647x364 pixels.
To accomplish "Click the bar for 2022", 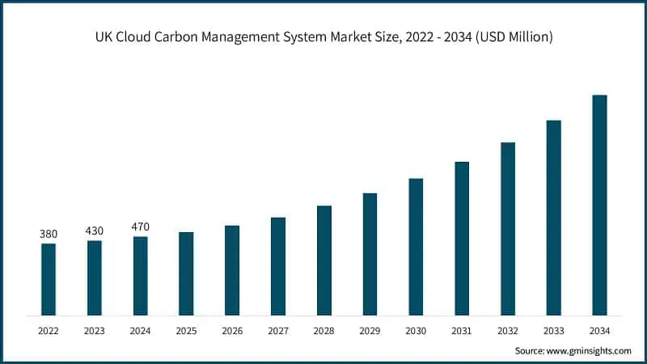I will coord(49,279).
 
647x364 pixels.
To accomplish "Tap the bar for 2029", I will coord(370,254).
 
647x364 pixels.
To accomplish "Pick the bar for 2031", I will coord(462,238).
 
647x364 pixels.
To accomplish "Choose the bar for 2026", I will coord(232,270).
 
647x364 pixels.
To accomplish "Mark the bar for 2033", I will coord(553,218).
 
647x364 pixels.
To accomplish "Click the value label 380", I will coord(49,234).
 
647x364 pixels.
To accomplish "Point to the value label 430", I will coord(95,231).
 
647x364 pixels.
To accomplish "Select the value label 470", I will coord(141,226).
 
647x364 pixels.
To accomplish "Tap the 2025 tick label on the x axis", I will coord(186,331).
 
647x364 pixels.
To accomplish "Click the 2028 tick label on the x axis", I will coord(323,331).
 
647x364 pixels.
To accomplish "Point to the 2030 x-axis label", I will coord(416,331).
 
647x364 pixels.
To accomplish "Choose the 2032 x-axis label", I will coord(507,331).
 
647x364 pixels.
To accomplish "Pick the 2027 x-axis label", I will coord(278,331).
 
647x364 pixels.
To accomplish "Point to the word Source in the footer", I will coord(531,350).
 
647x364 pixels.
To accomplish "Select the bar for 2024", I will coord(141,276).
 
